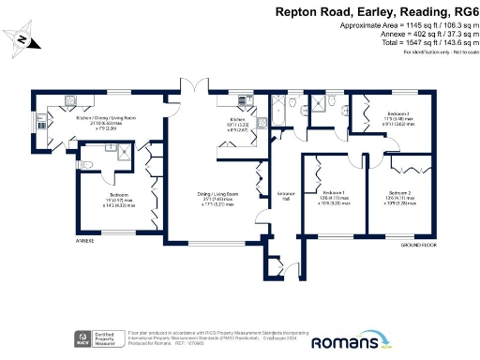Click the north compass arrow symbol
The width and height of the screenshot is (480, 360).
click(20, 38)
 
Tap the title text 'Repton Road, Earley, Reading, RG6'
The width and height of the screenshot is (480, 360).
click(374, 12)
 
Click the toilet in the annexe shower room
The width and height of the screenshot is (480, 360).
click(86, 165)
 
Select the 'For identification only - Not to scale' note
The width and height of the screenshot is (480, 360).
click(437, 52)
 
